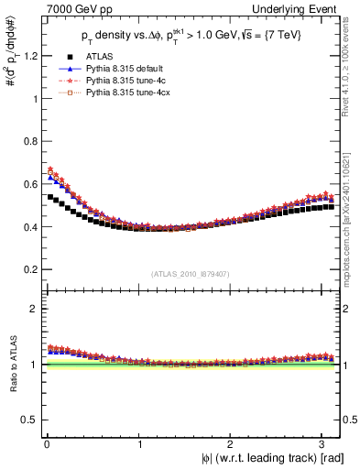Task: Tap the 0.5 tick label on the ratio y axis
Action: pos(27,420)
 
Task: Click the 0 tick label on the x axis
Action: pos(46,443)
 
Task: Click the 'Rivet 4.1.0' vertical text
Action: pos(352,64)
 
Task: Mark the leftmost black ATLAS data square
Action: pos(49,197)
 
